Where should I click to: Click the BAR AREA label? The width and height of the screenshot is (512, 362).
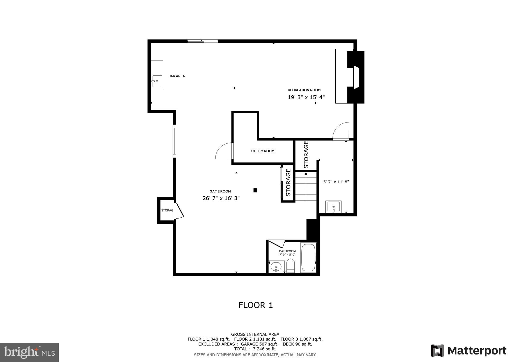(x=176, y=76)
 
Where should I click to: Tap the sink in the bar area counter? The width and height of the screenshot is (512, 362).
(x=157, y=81)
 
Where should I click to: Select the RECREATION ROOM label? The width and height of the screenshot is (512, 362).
(x=304, y=90)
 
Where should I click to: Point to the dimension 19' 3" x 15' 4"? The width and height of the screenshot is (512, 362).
(x=306, y=97)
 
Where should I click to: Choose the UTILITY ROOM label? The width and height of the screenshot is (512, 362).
(x=263, y=151)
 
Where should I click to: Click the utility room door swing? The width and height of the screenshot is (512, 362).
(x=224, y=151)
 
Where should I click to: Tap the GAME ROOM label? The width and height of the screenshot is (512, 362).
(x=220, y=191)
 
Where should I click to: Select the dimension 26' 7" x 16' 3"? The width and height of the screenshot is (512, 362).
(x=221, y=198)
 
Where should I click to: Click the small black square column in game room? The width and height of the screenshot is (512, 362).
(x=255, y=190)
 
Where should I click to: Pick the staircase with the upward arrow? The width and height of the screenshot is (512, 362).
(x=306, y=186)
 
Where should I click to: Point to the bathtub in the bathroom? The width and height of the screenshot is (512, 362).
(x=308, y=257)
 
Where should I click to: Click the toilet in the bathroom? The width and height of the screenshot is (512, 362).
(x=290, y=265)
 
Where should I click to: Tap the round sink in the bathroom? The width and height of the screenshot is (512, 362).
(x=276, y=267)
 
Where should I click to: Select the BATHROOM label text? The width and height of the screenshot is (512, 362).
(x=287, y=251)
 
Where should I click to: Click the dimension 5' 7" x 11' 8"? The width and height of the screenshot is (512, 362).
(x=336, y=182)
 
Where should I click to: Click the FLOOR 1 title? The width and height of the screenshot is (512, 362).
(x=255, y=305)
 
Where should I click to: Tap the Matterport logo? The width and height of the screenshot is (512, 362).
(x=468, y=351)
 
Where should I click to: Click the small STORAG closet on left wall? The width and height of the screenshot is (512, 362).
(x=167, y=210)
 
